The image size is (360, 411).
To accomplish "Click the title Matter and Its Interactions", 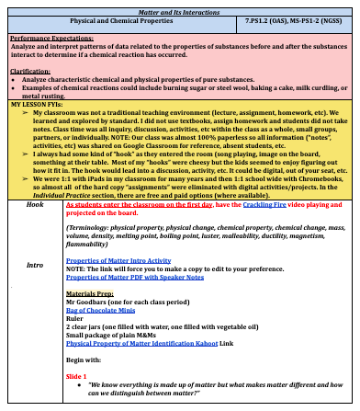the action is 180,7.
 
